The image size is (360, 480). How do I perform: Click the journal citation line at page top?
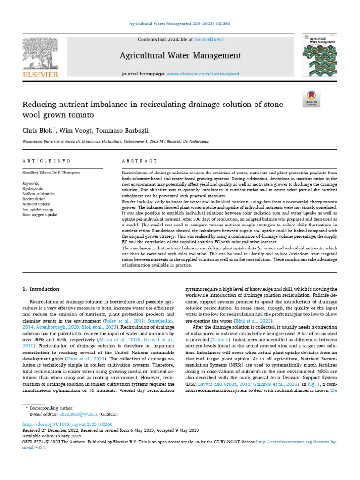click(180, 23)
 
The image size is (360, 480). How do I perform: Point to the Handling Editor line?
click(51, 172)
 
